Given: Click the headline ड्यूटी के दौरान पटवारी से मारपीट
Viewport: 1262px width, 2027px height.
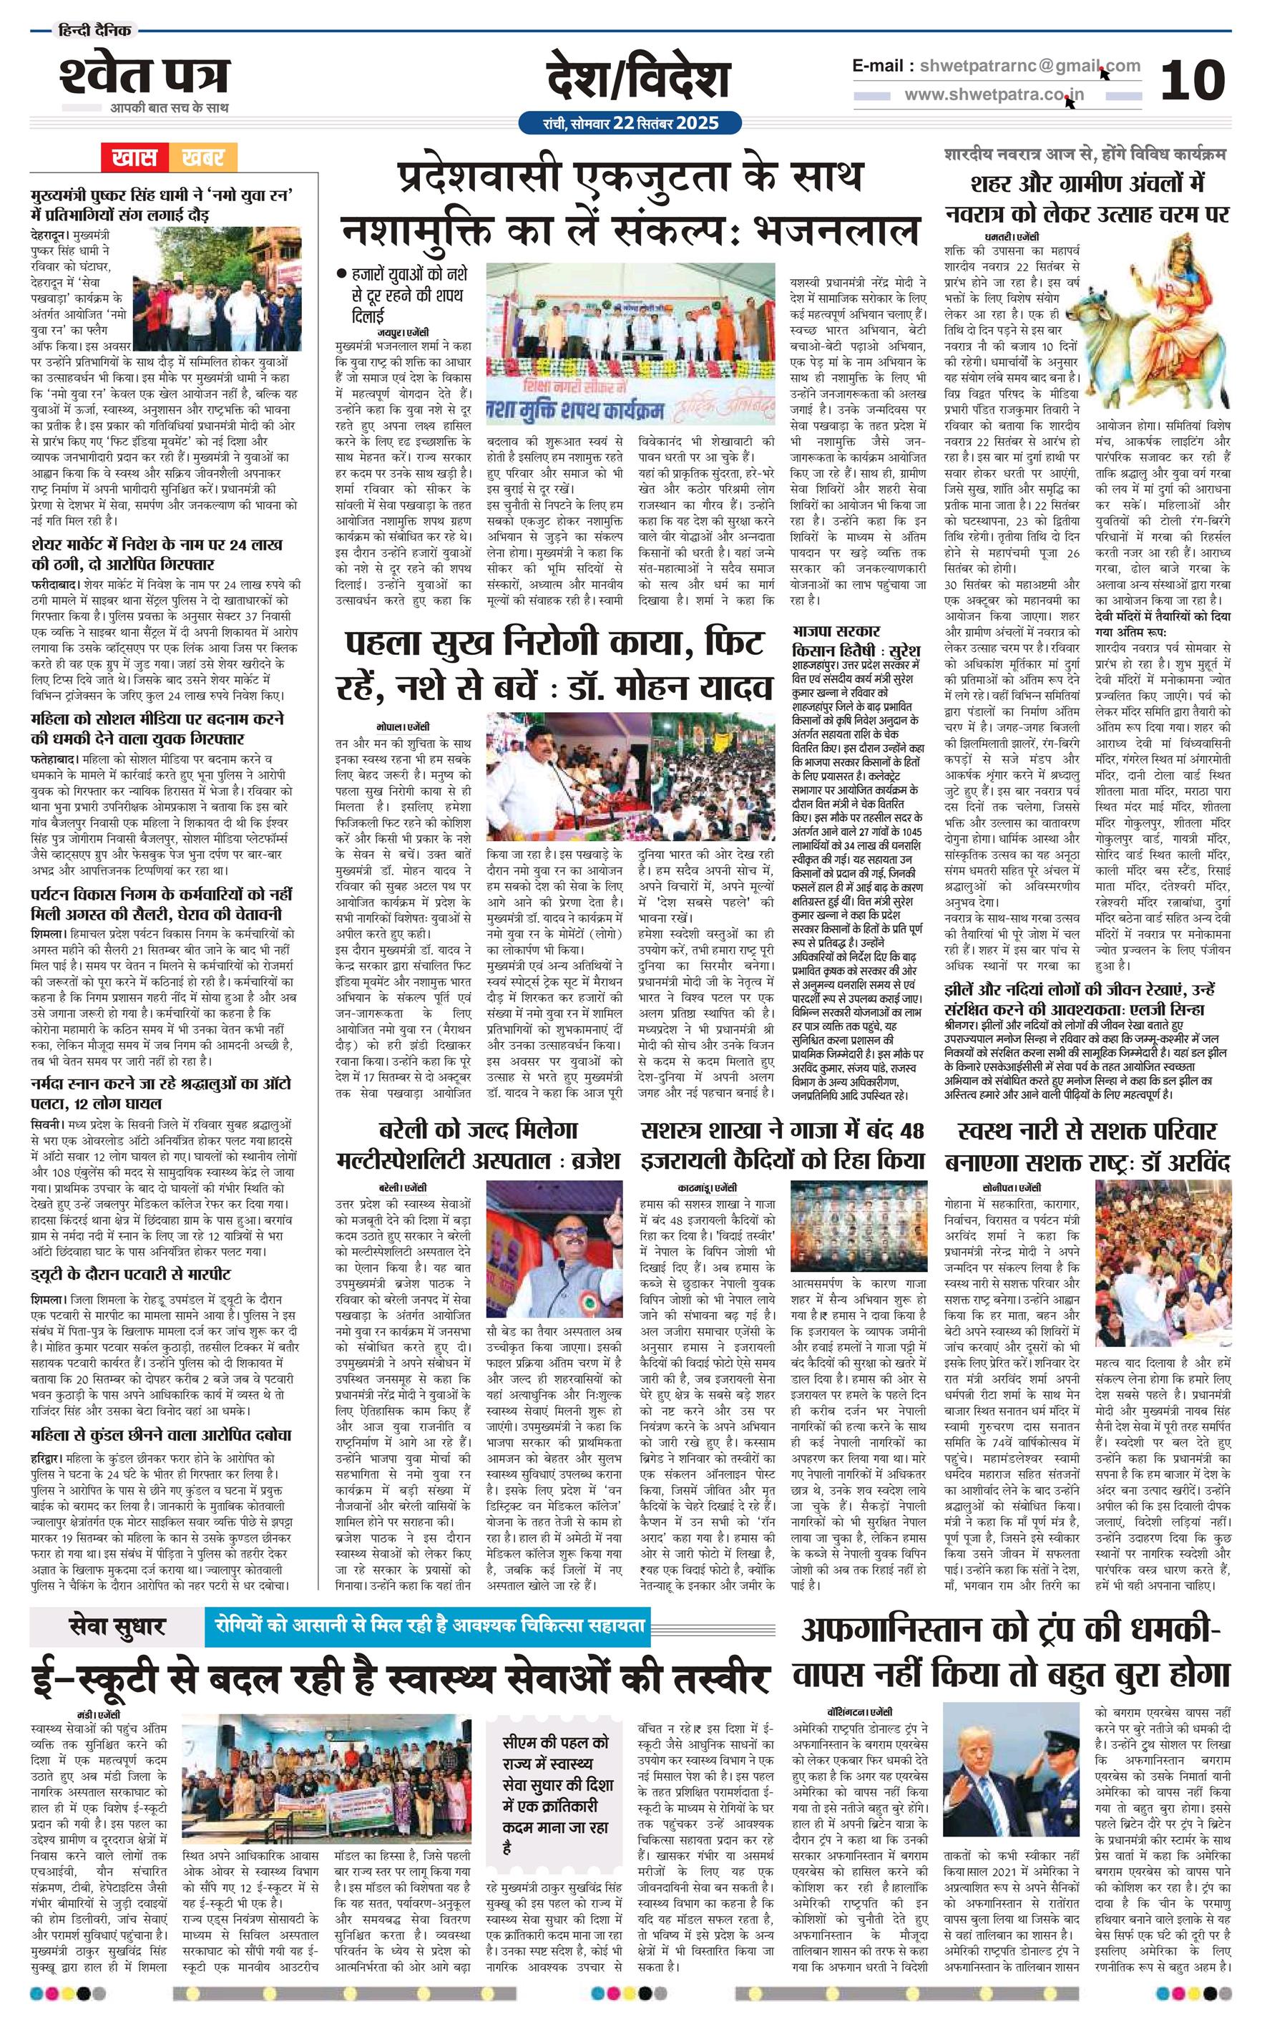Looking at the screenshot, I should (131, 1276).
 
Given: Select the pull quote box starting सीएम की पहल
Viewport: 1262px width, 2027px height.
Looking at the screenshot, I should (557, 1759).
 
